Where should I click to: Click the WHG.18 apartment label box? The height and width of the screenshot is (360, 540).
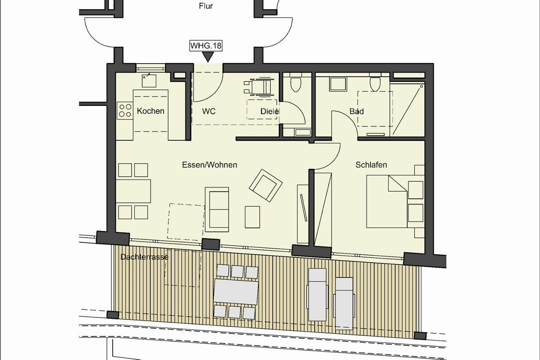click(206, 46)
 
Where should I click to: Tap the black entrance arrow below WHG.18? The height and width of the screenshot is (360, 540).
click(208, 57)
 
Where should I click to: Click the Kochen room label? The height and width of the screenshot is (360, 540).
click(151, 111)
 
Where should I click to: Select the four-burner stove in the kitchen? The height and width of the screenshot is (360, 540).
click(125, 110)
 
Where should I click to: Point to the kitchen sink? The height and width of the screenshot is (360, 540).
click(149, 81)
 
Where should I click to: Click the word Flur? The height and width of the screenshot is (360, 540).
click(206, 6)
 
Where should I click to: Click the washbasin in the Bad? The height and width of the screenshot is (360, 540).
click(338, 84)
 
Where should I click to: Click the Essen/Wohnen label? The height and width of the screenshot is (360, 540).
click(210, 165)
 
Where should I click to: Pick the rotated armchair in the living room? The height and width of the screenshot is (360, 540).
click(266, 185)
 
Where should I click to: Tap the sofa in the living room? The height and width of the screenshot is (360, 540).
click(217, 210)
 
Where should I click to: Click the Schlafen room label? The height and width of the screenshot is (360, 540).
click(371, 165)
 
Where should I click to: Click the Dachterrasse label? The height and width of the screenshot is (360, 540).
click(144, 257)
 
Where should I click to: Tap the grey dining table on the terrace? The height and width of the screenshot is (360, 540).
click(236, 292)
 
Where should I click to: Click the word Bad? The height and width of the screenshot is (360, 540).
click(356, 111)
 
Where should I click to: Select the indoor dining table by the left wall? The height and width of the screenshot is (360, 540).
click(133, 191)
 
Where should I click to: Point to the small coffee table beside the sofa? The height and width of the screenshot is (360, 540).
click(252, 217)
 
